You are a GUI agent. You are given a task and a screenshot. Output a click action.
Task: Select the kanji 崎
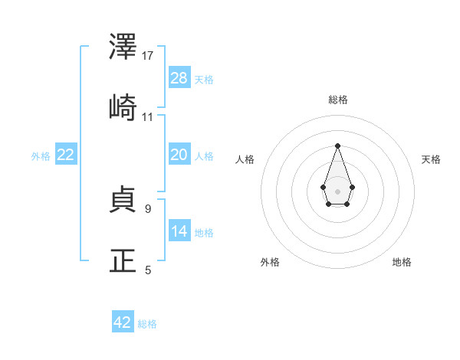click(x=123, y=108)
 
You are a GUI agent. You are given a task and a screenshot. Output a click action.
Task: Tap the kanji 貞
click(x=123, y=201)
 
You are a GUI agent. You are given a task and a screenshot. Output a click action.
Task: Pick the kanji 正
click(x=123, y=261)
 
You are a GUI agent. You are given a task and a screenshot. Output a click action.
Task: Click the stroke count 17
click(x=149, y=56)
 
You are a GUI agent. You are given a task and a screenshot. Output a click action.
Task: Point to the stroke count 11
click(x=148, y=117)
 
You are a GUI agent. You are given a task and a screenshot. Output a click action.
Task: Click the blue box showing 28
click(x=179, y=77)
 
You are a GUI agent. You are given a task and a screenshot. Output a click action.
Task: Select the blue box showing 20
click(x=179, y=155)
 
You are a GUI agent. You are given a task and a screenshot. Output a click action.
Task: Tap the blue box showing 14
click(x=179, y=231)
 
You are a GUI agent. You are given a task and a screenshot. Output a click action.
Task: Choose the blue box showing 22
click(x=66, y=155)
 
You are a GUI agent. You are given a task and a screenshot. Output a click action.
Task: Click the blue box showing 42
click(x=123, y=322)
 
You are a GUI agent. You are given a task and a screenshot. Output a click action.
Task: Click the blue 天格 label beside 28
click(x=204, y=79)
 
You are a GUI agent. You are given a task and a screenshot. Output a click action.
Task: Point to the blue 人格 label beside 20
click(x=204, y=156)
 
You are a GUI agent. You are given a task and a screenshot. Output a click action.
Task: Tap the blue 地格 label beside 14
click(x=204, y=233)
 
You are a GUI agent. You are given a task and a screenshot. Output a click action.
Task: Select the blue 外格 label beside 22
click(x=41, y=156)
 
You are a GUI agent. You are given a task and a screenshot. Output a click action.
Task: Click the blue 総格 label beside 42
click(x=147, y=324)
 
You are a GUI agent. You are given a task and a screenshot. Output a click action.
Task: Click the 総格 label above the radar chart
click(x=337, y=100)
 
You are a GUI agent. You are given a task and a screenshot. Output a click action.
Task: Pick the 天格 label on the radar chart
click(x=431, y=159)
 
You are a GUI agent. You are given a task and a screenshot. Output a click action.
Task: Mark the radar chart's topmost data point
click(x=337, y=145)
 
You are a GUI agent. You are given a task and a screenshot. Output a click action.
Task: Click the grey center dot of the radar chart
click(x=337, y=191)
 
